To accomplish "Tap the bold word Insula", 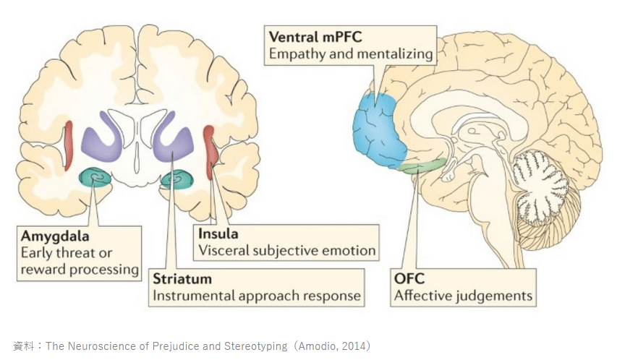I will click(218, 234).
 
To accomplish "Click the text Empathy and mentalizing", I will click(351, 53).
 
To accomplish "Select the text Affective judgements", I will click(463, 295).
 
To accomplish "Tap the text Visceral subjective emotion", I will click(287, 251).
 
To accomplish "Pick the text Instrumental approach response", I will click(256, 295).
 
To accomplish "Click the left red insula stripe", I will click(69, 145).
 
